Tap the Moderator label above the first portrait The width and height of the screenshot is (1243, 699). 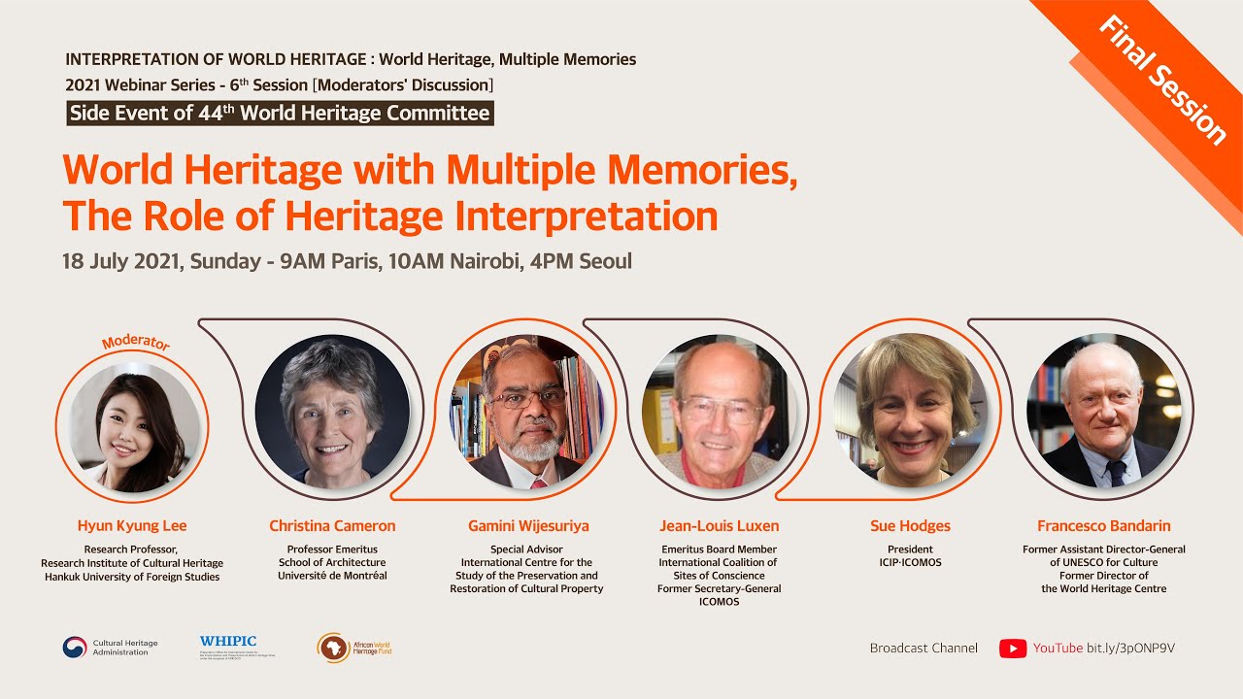(135, 343)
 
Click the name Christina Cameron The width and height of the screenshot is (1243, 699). (332, 526)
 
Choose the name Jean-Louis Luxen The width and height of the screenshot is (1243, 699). (719, 526)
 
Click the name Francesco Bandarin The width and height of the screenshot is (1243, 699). (1103, 526)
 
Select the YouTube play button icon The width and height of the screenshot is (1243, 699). (1013, 649)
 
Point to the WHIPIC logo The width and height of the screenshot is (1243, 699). (229, 642)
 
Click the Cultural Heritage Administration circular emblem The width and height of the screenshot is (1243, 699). (75, 648)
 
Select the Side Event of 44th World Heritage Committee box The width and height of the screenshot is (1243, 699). (280, 113)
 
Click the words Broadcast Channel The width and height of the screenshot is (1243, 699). (924, 649)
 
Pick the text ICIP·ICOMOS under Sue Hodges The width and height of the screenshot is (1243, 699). (910, 562)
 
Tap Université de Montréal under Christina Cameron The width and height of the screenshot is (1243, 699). (332, 576)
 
